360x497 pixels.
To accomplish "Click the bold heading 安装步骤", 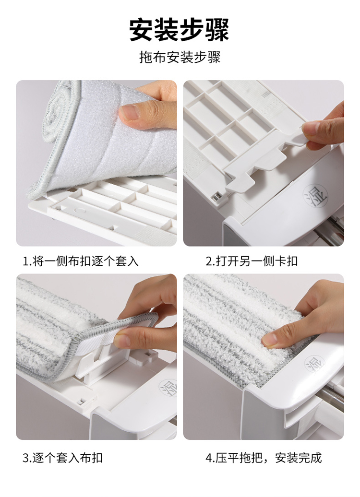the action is point(179,30).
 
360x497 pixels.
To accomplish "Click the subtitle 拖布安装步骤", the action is point(180,58).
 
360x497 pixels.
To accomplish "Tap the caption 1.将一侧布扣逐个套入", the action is point(81,261).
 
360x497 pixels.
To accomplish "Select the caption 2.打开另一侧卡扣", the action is point(252,261).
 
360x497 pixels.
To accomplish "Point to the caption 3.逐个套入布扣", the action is point(62,458).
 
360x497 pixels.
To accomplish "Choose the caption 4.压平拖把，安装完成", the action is point(263,458).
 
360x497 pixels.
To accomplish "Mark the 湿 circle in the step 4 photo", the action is point(315,364).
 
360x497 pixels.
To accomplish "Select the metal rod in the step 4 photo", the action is point(330,393).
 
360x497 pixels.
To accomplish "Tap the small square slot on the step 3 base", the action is point(81,402).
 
